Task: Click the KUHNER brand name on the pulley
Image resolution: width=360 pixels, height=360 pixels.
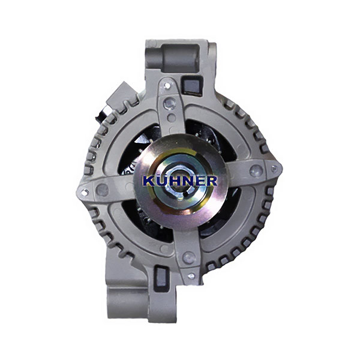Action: coord(180,181)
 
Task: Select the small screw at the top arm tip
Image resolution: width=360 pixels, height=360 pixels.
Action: coord(167,86)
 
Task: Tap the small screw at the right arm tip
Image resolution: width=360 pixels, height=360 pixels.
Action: coord(274,169)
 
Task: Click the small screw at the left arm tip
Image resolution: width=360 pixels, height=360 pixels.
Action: coord(85,191)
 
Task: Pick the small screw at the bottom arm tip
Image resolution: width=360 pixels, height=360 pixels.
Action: coord(191,275)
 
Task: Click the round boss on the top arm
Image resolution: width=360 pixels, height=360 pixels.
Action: coord(169,104)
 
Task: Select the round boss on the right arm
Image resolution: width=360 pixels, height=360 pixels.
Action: coord(256,170)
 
